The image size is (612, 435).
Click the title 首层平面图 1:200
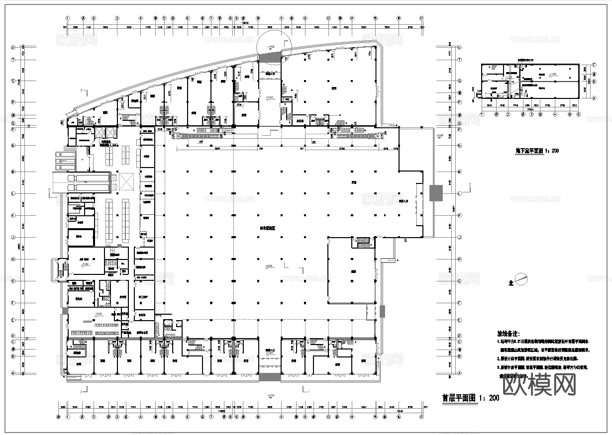(x=470, y=398)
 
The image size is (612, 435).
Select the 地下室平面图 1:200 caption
(x=536, y=151)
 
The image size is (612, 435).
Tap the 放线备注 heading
(x=508, y=333)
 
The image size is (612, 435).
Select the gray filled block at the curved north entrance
(x=270, y=58)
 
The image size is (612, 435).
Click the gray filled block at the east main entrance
(x=436, y=193)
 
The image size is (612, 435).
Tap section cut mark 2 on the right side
(x=469, y=185)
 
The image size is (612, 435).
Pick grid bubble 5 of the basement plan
(x=578, y=114)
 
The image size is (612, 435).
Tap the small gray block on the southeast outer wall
(x=382, y=312)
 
